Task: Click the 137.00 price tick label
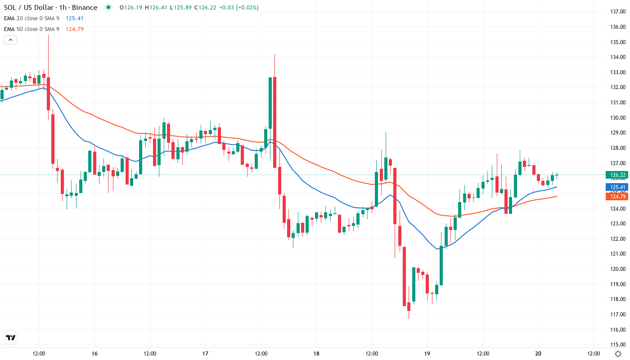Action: pyautogui.click(x=618, y=11)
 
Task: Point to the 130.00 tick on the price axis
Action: pyautogui.click(x=618, y=117)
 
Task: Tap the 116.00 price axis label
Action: pyautogui.click(x=618, y=330)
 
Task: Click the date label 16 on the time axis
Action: pyautogui.click(x=94, y=354)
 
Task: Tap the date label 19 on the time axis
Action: pyautogui.click(x=427, y=354)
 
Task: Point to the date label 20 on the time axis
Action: pyautogui.click(x=538, y=354)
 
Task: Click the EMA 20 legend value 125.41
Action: pyautogui.click(x=74, y=18)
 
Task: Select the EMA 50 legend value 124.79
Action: pyautogui.click(x=74, y=29)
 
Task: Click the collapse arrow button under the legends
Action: pyautogui.click(x=10, y=40)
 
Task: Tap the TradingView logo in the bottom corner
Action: pyautogui.click(x=11, y=337)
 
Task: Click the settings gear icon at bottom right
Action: pyautogui.click(x=619, y=354)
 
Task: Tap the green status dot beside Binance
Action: pyautogui.click(x=108, y=8)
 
